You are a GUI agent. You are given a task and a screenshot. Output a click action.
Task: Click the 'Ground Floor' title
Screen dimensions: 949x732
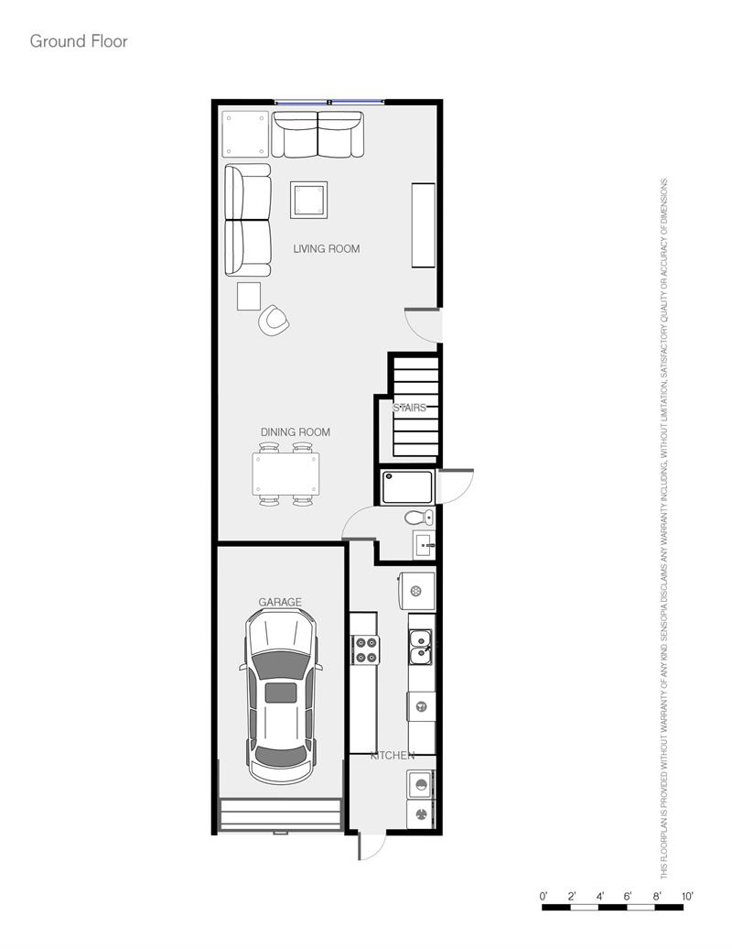pos(79,41)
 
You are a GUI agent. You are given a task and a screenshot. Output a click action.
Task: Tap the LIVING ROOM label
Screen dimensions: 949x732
pos(326,248)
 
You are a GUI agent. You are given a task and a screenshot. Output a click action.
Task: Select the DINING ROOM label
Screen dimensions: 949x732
pos(295,432)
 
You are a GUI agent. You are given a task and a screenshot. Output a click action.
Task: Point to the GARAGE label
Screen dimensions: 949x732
pos(280,602)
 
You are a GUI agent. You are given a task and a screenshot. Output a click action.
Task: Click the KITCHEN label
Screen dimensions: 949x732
pos(392,756)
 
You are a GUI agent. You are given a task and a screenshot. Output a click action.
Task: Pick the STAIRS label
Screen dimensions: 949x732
pos(409,408)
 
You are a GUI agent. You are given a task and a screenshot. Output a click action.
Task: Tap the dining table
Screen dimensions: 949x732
pos(286,474)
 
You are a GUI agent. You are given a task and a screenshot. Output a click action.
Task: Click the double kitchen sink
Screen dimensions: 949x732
pos(421,646)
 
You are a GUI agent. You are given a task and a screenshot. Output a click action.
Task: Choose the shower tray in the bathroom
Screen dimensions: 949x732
pos(407,486)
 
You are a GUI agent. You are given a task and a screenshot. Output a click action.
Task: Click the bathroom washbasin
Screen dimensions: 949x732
pos(424,544)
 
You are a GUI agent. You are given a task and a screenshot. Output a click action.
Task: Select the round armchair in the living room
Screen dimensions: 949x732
pos(274,320)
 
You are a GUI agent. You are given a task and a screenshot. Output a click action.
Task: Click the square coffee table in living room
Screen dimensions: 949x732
pos(309,199)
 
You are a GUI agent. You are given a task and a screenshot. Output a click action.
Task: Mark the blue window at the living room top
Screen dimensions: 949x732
pos(330,102)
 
